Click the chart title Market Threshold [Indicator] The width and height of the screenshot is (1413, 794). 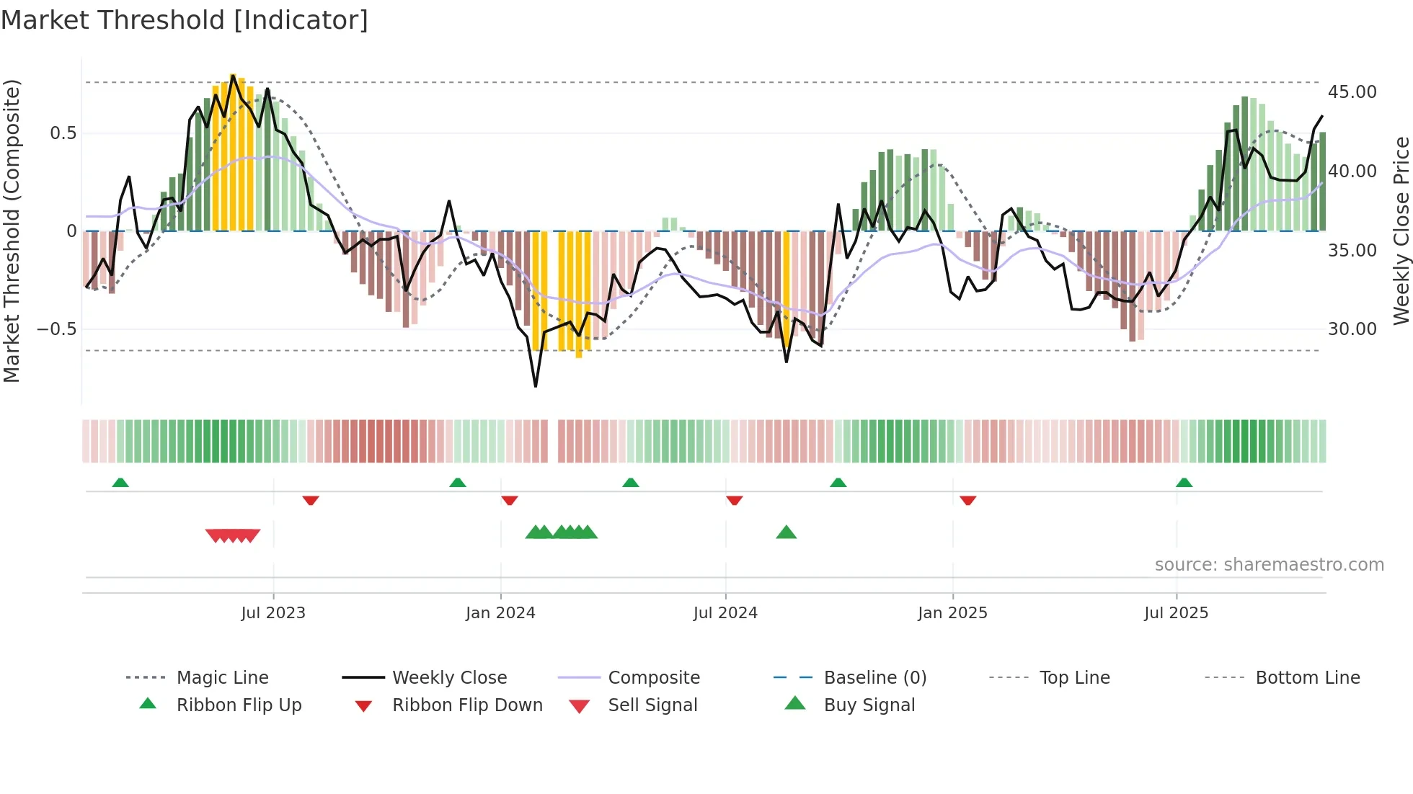pos(185,20)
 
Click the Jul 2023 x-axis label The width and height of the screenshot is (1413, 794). pos(273,613)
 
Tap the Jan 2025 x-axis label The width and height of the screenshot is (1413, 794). pos(952,613)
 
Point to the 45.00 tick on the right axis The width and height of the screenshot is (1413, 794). pos(1352,92)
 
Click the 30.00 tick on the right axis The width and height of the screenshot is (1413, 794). pos(1352,329)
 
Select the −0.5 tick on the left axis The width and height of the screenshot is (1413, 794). pos(56,329)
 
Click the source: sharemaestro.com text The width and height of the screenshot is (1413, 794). pos(1269,565)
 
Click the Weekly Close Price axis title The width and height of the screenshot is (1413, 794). pos(1401,231)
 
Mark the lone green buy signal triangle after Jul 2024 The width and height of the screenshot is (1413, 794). pos(787,532)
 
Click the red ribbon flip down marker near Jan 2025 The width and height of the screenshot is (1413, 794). pos(968,500)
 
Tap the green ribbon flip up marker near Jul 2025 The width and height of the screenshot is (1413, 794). pos(1184,483)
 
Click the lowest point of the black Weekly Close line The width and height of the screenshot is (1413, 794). pos(536,386)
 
